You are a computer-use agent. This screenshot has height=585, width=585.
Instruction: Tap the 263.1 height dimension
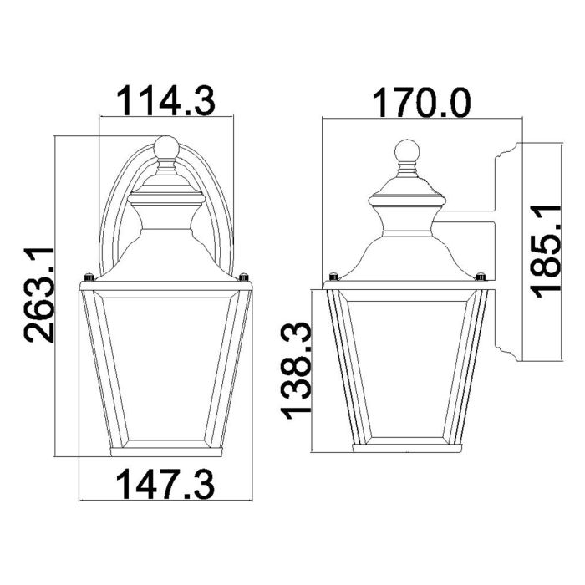(x=39, y=295)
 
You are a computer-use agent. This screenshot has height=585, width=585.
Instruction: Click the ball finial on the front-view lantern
(x=165, y=148)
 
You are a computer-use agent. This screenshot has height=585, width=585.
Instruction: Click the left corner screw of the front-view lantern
(x=88, y=277)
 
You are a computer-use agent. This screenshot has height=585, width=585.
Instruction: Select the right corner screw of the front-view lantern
(x=243, y=277)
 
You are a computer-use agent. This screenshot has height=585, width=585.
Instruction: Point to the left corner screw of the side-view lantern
(x=333, y=277)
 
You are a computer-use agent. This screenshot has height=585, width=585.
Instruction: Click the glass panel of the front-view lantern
(x=165, y=368)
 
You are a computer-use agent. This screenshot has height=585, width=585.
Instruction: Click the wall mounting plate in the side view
(x=508, y=251)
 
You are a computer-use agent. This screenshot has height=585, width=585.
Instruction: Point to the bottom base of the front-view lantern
(x=165, y=452)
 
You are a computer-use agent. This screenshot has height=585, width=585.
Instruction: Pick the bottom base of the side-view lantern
(x=406, y=448)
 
